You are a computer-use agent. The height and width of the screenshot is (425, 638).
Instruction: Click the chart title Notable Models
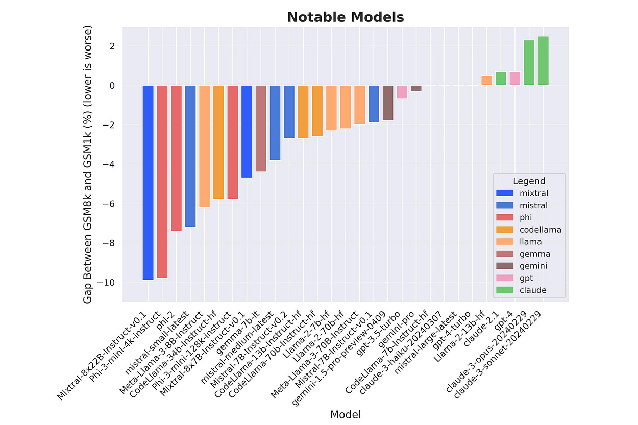(345, 17)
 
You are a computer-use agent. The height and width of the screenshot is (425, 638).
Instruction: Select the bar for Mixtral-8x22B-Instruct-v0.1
(148, 182)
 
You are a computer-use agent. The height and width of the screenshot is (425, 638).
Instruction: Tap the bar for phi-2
(176, 158)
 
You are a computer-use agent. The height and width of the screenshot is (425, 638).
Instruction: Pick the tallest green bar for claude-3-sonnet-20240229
(543, 61)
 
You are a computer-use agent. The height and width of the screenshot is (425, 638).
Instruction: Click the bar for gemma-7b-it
(261, 128)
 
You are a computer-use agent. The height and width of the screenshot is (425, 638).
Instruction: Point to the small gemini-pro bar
(416, 88)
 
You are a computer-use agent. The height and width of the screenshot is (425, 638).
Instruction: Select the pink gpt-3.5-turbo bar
(402, 92)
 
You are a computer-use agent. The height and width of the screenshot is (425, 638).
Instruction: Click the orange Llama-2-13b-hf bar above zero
(486, 80)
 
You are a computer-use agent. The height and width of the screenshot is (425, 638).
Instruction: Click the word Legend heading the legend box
(529, 181)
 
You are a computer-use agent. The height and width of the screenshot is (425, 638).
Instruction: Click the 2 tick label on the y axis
(112, 46)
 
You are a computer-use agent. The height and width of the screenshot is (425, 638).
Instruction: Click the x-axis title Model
(345, 414)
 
